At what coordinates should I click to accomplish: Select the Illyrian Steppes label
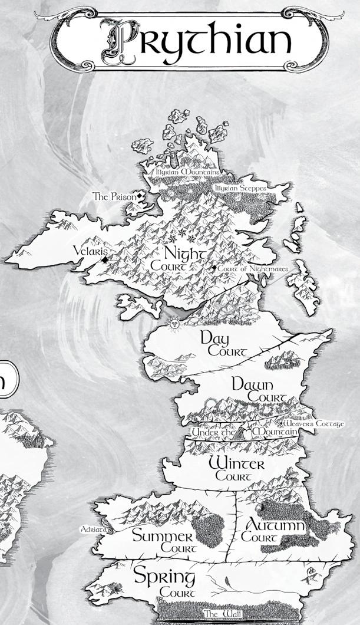[x=240, y=188]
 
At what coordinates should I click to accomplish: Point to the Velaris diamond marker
[x=104, y=259]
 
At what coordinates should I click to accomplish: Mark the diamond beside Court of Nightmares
[x=214, y=269]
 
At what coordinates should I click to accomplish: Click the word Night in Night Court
[x=185, y=254]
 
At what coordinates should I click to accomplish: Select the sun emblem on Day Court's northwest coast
[x=174, y=323]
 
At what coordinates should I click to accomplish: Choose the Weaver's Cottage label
[x=313, y=423]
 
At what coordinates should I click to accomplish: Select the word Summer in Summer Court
[x=162, y=537]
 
